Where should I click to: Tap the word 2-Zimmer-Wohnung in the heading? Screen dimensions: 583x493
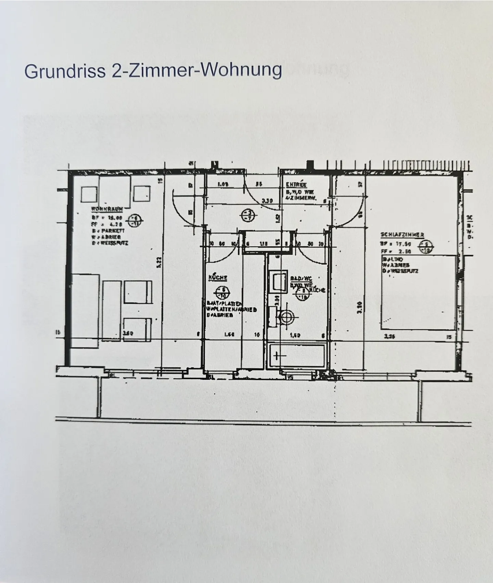click(196, 70)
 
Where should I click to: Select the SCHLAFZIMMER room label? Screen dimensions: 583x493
click(402, 235)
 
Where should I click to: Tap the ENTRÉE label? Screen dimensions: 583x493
click(296, 185)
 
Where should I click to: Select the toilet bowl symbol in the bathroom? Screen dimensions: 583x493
click(286, 317)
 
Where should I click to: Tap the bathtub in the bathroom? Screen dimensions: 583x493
click(297, 356)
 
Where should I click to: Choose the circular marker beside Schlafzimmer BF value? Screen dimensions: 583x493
click(427, 247)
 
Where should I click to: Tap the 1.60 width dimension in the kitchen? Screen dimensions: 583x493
click(229, 336)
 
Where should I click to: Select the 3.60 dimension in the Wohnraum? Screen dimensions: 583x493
click(128, 334)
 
